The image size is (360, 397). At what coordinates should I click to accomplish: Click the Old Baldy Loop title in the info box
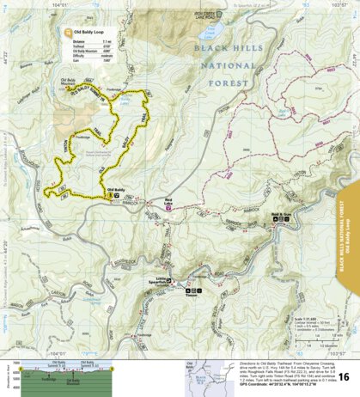[x=92, y=32]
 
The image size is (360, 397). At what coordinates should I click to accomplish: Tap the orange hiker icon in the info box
[x=68, y=34]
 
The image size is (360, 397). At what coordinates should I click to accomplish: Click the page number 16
[x=344, y=377]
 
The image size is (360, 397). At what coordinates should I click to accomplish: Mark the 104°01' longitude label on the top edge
[x=58, y=5]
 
